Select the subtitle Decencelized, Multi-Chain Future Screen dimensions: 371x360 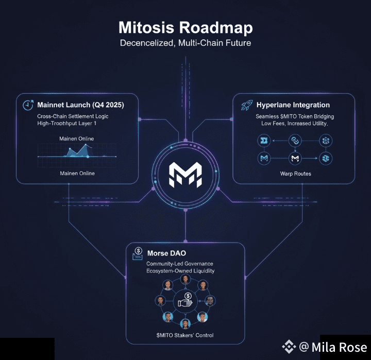coord(185,43)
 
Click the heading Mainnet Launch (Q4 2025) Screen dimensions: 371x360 coord(80,105)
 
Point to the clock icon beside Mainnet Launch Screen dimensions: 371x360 coord(28,105)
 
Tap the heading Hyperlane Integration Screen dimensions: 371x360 coord(293,105)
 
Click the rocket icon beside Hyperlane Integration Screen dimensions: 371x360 coord(246,105)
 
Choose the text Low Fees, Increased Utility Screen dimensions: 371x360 coord(294,124)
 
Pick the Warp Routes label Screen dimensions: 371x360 coord(295,174)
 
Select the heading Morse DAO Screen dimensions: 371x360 coord(167,253)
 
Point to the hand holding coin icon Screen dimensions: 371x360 coord(185,301)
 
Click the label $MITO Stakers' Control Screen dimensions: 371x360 coord(185,335)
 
